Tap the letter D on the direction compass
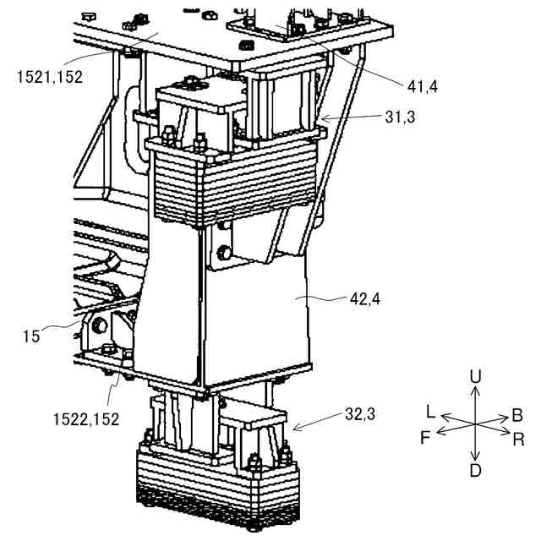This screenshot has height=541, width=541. click(476, 469)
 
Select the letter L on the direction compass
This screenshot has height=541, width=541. click(431, 412)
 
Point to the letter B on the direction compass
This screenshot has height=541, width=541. click(516, 416)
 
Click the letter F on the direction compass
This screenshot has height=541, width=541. click(426, 439)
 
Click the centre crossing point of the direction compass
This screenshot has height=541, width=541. click(475, 423)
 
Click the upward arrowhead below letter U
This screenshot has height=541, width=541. click(476, 389)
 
